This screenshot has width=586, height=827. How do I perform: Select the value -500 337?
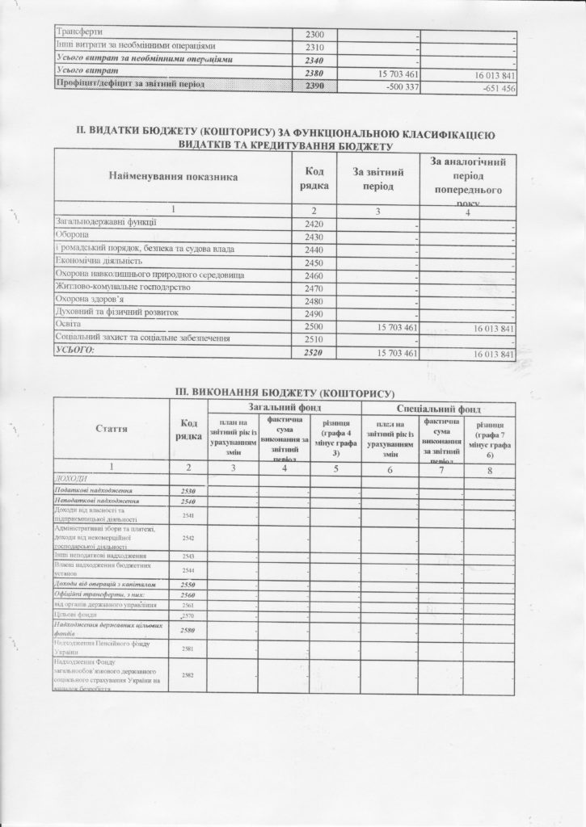(x=395, y=86)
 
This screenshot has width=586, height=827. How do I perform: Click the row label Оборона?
(x=74, y=236)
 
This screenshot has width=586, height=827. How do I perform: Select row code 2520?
(x=314, y=354)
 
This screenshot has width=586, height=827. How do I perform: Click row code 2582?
(x=188, y=674)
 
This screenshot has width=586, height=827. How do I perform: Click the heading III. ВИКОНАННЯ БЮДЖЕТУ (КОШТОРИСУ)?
(x=289, y=392)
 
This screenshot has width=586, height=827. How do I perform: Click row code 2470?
(x=314, y=288)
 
